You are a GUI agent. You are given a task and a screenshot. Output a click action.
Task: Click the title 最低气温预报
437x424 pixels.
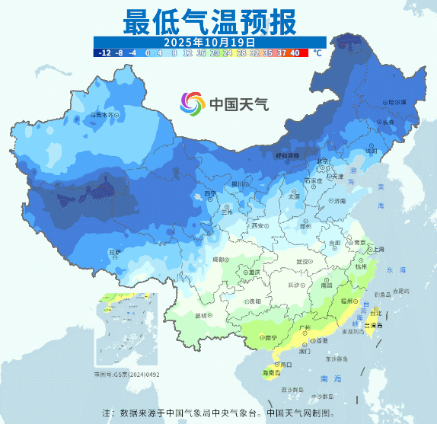[209, 21]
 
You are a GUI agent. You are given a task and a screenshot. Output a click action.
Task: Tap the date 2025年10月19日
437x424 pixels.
[209, 41]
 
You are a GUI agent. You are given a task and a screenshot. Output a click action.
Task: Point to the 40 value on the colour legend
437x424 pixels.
[295, 53]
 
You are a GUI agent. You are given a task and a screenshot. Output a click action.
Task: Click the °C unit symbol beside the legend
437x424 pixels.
[317, 53]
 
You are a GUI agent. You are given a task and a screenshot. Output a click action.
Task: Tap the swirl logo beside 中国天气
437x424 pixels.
[193, 102]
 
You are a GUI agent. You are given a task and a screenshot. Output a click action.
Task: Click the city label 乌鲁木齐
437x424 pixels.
[104, 116]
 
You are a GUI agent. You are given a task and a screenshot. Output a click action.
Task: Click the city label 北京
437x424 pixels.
[321, 161]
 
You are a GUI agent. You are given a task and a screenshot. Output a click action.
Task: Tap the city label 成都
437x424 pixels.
[218, 260]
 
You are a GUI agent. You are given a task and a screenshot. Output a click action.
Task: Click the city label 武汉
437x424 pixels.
[302, 262]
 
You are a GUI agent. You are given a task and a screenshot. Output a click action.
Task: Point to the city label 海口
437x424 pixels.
[286, 365]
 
